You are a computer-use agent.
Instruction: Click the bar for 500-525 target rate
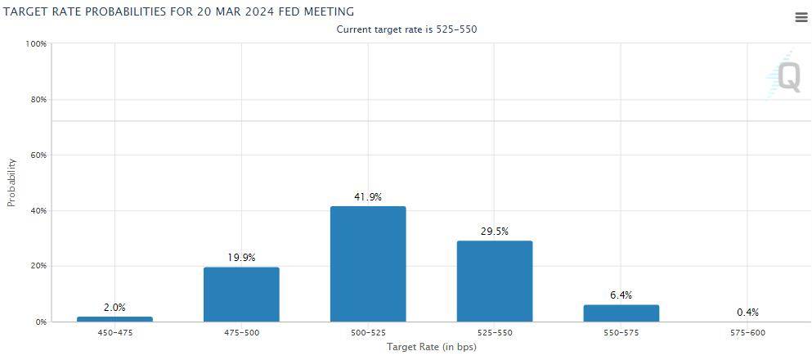368,263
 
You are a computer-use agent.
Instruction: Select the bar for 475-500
241,295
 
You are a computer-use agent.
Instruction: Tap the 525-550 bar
494,281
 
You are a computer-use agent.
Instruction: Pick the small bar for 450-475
114,319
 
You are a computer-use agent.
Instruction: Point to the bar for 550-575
621,313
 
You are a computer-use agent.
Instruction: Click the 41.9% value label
368,197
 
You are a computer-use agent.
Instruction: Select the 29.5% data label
494,232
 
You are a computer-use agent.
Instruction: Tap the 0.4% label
747,312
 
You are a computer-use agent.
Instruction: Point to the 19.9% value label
241,258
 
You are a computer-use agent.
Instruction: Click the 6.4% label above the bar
621,295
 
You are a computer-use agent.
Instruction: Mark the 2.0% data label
114,308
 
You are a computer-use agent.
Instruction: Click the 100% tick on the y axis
36,43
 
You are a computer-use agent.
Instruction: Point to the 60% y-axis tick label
38,155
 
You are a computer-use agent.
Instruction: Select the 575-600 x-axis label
747,333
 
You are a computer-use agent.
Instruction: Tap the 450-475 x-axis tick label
114,333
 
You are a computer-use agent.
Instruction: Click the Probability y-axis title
11,182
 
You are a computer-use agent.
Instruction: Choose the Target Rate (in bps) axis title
431,347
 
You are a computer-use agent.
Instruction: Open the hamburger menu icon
801,18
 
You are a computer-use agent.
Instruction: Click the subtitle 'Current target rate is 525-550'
406,29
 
